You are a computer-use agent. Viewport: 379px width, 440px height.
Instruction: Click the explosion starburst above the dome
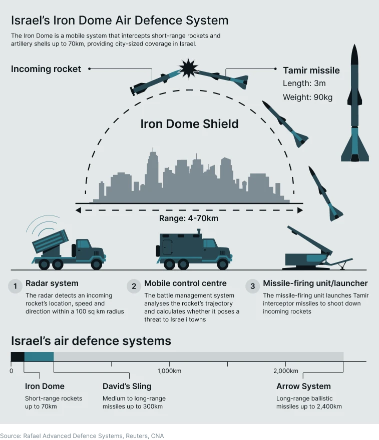[x=189, y=68]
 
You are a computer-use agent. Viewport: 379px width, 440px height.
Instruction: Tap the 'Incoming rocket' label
[x=46, y=69]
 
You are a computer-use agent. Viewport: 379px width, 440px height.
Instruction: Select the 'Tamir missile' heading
[x=311, y=70]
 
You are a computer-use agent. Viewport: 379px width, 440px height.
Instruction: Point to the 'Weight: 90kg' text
[x=307, y=97]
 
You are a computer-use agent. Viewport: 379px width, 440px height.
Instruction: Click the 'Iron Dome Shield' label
[x=189, y=124]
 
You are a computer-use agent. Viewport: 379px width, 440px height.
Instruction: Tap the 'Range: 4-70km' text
[x=189, y=218]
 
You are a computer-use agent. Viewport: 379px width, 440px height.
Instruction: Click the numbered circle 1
[x=15, y=286]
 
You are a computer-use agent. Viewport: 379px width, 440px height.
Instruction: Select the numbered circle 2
[x=134, y=286]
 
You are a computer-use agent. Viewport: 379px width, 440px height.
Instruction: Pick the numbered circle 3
[x=252, y=286]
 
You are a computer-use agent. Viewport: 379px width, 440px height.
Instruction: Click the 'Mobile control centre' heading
[x=185, y=283]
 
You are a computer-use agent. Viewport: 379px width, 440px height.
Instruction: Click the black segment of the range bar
[x=18, y=356]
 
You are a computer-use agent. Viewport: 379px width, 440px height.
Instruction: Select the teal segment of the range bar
[x=39, y=356]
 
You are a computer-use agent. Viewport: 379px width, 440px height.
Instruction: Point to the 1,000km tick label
[x=169, y=371]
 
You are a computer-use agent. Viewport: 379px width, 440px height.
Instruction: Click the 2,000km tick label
[x=286, y=371]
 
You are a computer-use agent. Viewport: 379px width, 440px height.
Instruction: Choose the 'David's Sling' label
[x=127, y=386]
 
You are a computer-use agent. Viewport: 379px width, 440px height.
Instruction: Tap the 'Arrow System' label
[x=303, y=386]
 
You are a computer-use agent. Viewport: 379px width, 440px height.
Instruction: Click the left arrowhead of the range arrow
[x=79, y=210]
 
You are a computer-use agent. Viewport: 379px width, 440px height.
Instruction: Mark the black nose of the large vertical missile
[x=354, y=54]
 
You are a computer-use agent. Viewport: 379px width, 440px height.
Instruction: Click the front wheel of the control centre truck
[x=222, y=264]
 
